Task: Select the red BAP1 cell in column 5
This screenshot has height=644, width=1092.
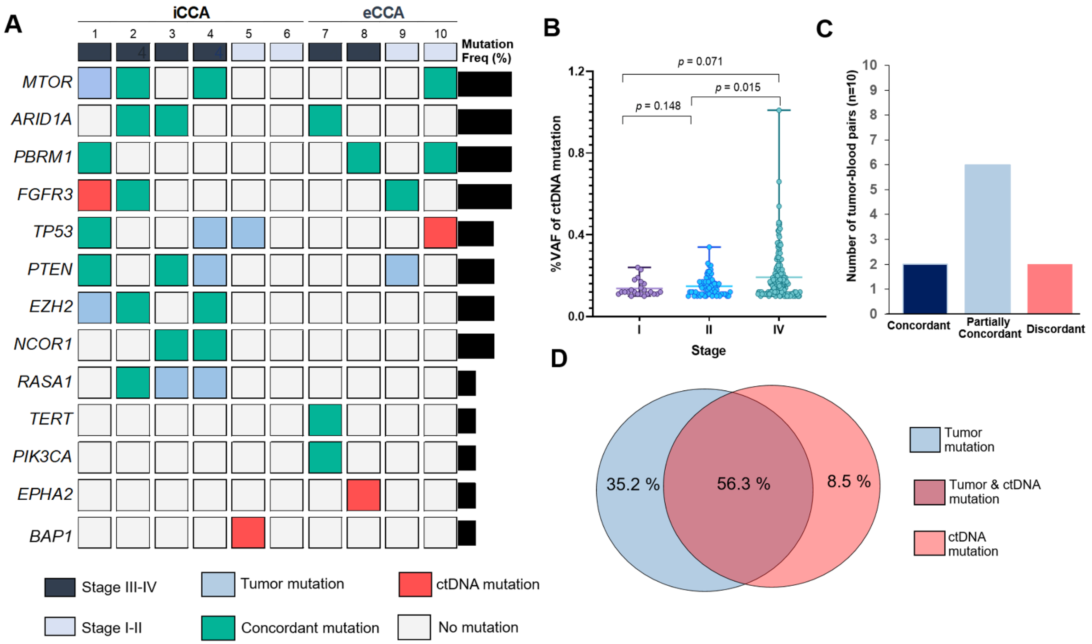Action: [248, 532]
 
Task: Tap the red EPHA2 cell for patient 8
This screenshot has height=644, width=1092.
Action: [363, 495]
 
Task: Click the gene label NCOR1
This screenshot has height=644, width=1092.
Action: [42, 344]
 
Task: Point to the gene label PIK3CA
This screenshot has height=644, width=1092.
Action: [42, 456]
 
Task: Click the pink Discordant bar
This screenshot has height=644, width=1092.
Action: [1050, 289]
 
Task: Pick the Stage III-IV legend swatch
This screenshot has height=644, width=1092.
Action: [60, 587]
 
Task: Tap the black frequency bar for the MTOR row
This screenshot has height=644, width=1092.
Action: [485, 84]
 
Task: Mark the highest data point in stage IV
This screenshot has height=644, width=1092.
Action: [779, 110]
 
